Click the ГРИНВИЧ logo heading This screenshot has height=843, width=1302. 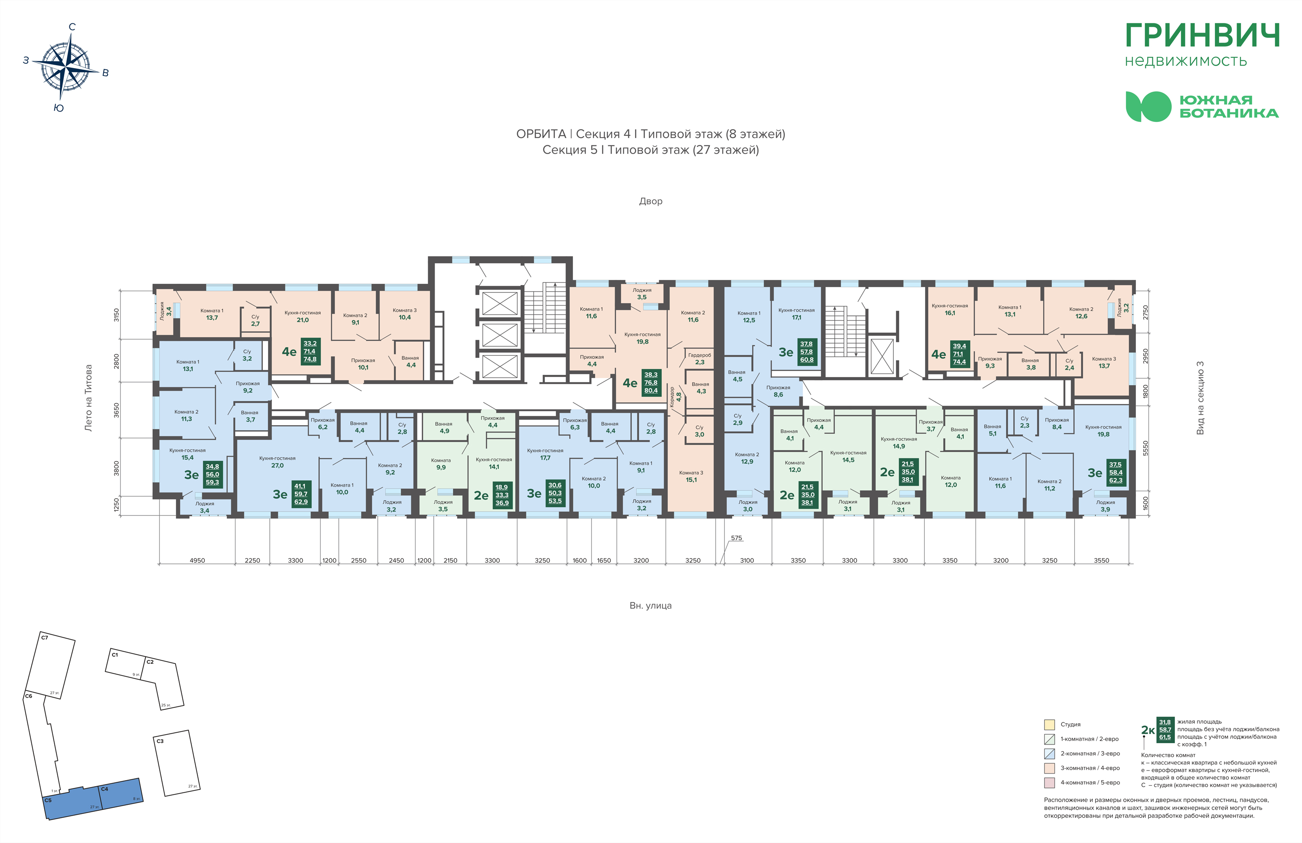tap(1202, 36)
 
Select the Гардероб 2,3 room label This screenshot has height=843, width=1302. tap(700, 358)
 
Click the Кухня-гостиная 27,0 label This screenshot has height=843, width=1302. tap(278, 462)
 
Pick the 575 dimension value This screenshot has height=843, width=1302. tap(736, 538)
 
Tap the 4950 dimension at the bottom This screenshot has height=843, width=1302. tap(197, 561)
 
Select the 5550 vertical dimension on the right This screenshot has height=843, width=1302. tap(1145, 448)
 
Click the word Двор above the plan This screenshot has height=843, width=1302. tap(651, 201)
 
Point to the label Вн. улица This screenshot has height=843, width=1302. tap(651, 605)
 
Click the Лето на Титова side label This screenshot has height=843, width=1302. tap(88, 398)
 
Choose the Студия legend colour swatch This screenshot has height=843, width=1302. tap(1049, 725)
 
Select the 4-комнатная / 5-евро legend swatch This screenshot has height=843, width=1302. tap(1049, 783)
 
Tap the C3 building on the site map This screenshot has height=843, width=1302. tap(176, 763)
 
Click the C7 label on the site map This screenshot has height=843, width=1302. tap(45, 638)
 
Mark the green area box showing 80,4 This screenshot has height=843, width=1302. tap(651, 391)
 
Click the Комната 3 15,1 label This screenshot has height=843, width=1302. tap(691, 476)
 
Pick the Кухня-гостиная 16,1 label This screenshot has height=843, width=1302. tap(950, 309)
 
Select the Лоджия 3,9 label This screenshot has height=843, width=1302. tap(1105, 506)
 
